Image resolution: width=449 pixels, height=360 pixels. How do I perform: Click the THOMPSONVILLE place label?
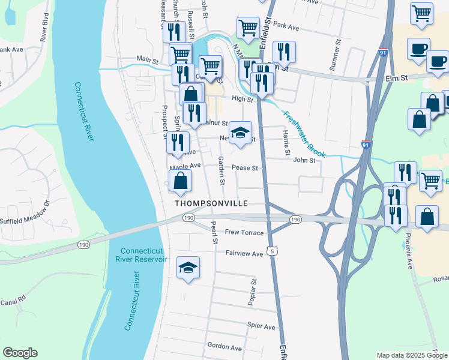211,203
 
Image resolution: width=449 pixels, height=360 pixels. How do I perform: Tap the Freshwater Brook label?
304,136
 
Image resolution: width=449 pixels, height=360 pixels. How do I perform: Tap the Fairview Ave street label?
244,254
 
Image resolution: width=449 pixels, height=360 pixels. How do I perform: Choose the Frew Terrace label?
244,232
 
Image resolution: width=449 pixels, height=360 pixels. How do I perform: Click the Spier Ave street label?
261,326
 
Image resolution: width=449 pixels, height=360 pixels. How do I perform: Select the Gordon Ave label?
224,347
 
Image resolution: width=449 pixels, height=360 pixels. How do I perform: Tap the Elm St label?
396,78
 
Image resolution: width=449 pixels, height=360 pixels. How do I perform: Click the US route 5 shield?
273,251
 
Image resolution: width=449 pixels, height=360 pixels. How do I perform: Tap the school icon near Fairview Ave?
188,269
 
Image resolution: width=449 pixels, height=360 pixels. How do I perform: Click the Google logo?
20,353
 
